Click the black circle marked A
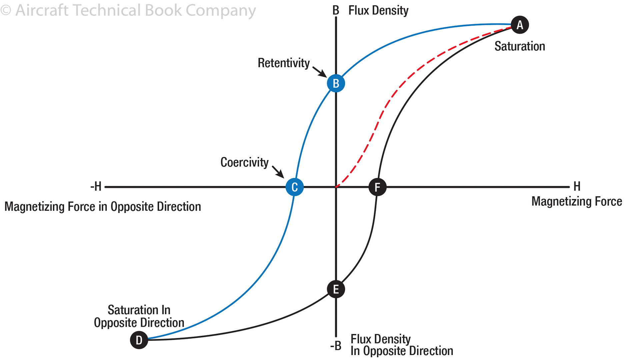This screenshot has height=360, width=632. [520, 25]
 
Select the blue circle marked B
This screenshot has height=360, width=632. [336, 83]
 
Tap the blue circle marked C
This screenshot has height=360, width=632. [295, 187]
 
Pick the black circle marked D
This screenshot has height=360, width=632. [139, 340]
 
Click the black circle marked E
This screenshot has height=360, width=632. [336, 289]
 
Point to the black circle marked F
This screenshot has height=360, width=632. [377, 187]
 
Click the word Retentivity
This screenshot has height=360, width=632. [284, 63]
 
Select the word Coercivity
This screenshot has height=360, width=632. [244, 162]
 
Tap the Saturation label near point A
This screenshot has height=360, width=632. [520, 46]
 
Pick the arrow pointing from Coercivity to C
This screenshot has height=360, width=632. [278, 172]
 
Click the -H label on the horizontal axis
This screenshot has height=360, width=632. [96, 186]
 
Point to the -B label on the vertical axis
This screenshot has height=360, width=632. [336, 346]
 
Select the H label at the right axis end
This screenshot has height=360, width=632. [577, 186]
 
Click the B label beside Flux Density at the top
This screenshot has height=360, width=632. [336, 11]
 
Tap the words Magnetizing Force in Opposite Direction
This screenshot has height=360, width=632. [103, 207]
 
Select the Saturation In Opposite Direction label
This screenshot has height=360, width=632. [139, 316]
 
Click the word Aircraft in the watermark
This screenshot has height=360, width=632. [42, 10]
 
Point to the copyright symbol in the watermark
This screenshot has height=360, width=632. [6, 10]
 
